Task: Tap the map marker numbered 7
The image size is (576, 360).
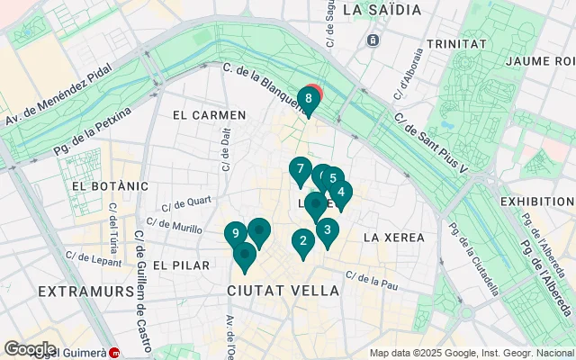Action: pos(300,169)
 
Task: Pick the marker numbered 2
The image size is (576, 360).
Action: pos(302,240)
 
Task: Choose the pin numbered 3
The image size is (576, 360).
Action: pos(328,229)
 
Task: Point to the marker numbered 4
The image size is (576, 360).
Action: pos(341,192)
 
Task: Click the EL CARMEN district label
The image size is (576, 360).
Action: pos(209,115)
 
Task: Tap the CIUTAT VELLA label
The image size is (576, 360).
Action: pos(283,292)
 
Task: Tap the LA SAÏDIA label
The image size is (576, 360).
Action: pos(382,10)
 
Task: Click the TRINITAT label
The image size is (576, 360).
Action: pos(457,43)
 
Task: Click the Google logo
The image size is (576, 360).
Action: pos(30,348)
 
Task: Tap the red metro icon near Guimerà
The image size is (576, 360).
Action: pos(114,353)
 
